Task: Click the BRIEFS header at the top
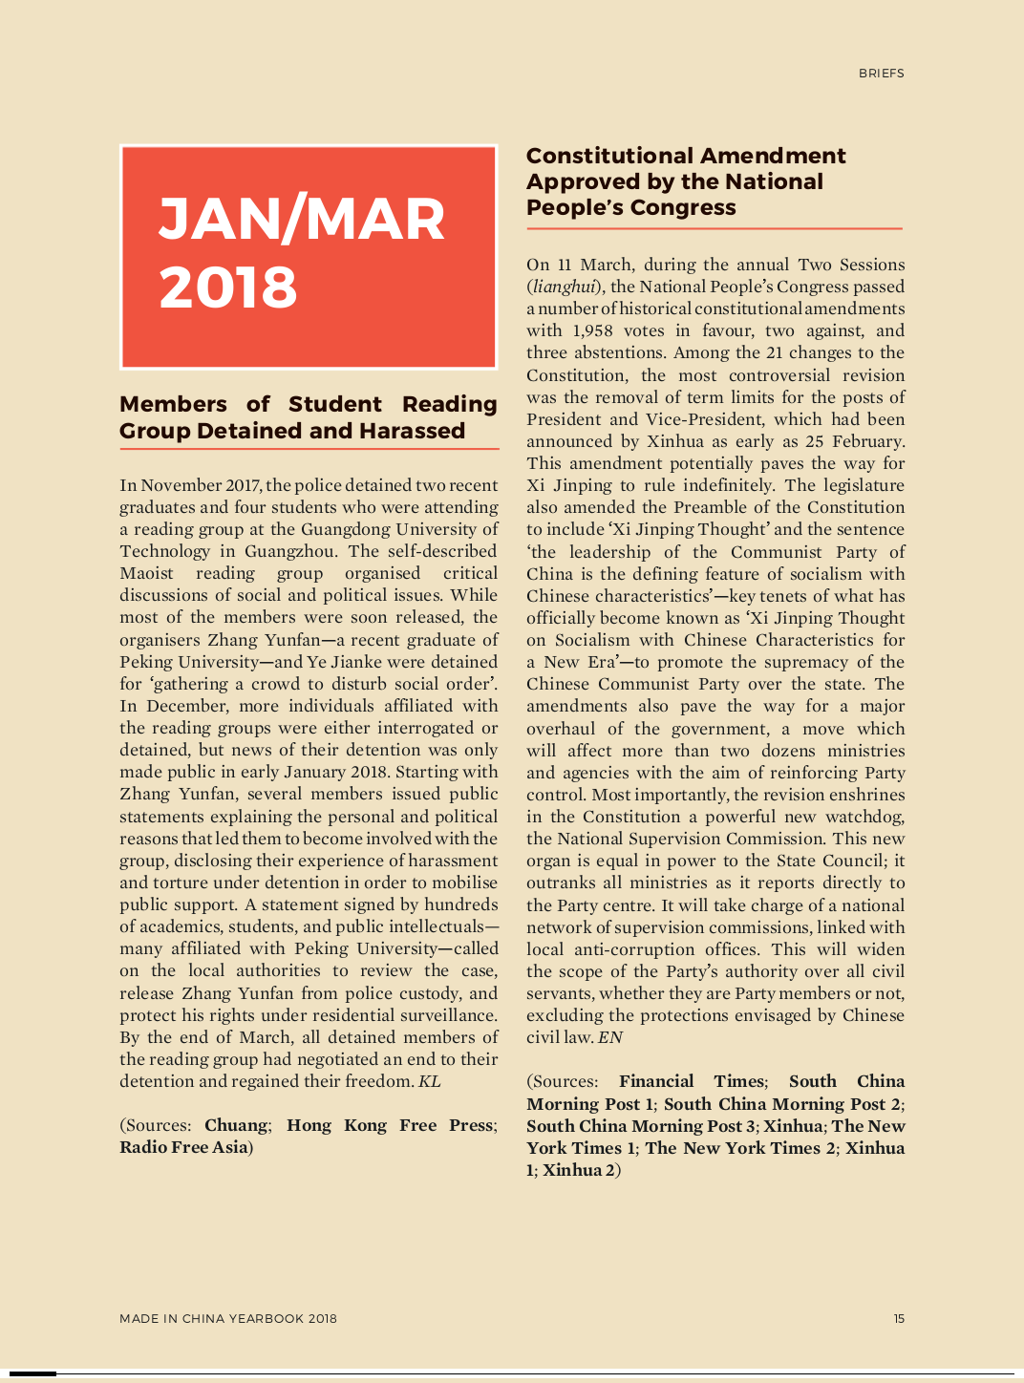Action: (x=881, y=74)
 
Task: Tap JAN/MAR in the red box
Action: (x=301, y=219)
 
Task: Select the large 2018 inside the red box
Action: (x=227, y=287)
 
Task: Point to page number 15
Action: (x=899, y=1319)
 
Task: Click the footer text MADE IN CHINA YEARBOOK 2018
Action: (x=228, y=1319)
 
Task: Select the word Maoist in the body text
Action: (x=146, y=573)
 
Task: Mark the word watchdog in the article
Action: (x=864, y=817)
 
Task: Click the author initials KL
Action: (x=430, y=1081)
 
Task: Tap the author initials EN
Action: (x=610, y=1037)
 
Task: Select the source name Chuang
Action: (x=236, y=1125)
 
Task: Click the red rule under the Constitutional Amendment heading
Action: (x=714, y=229)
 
